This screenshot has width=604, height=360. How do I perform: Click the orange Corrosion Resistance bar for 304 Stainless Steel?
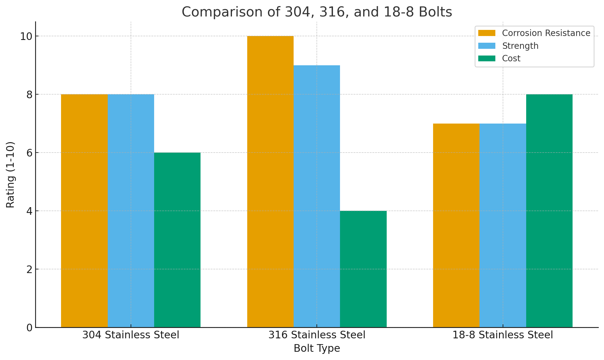[x=85, y=211]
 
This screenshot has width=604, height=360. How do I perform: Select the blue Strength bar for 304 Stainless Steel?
[x=131, y=211]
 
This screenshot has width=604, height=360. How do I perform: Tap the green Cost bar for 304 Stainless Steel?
[x=177, y=240]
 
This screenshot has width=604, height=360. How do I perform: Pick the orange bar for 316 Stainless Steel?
[x=270, y=182]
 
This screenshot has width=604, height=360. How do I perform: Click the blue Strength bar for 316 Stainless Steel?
[x=317, y=196]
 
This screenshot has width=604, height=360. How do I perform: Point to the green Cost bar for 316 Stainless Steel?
[x=363, y=269]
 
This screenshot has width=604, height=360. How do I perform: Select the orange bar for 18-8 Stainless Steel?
[x=456, y=225]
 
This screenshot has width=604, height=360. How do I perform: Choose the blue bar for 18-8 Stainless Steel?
[x=503, y=225]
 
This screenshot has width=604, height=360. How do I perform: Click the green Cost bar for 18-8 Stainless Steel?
[x=549, y=211]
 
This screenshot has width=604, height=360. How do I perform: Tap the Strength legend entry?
[x=520, y=46]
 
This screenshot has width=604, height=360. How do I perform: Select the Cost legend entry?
[x=511, y=58]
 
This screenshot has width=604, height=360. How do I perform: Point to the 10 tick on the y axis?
[x=26, y=36]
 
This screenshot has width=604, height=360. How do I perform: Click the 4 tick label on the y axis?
[x=29, y=211]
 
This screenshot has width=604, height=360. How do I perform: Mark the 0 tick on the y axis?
[x=29, y=327]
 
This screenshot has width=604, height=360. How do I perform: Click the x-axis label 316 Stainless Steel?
[x=317, y=335]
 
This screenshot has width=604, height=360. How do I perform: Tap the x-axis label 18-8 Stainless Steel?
[x=503, y=335]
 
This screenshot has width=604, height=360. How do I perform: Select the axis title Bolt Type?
[x=317, y=348]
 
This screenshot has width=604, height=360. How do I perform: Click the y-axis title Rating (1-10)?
[x=10, y=175]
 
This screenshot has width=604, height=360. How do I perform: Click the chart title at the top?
[x=317, y=12]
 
